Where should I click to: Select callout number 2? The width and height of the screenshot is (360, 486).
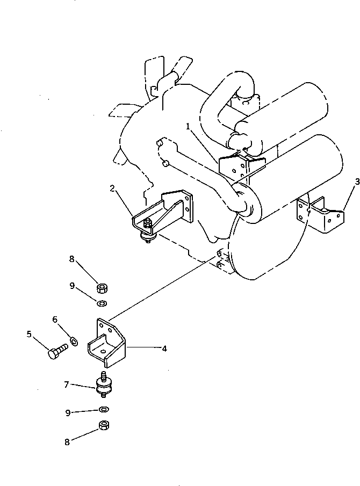click(112, 188)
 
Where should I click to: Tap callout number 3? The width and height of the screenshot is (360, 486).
click(342, 182)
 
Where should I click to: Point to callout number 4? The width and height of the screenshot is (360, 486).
click(164, 349)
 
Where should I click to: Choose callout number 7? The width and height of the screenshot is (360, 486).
click(66, 385)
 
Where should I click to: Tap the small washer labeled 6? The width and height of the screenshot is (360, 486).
click(73, 339)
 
